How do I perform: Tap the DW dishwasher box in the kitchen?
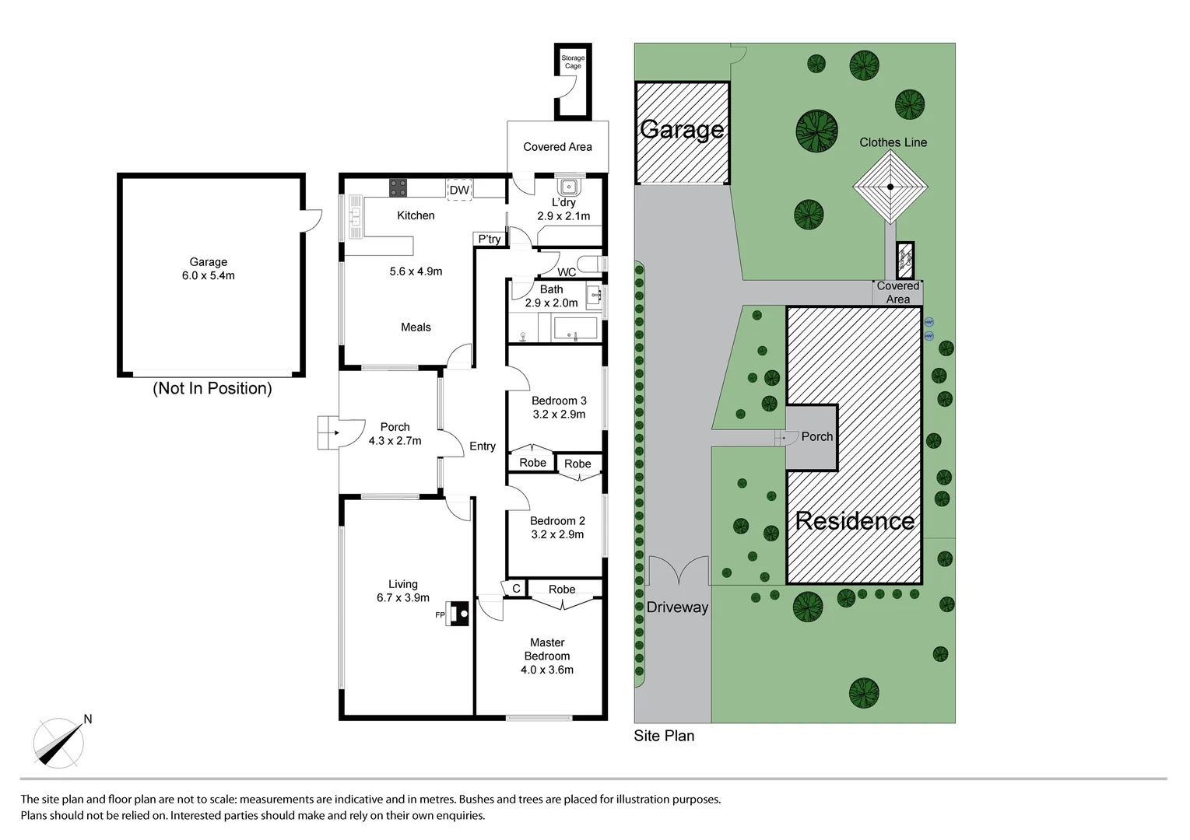[x=459, y=190]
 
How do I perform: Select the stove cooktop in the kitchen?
[x=398, y=187]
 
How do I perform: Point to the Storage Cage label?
[x=573, y=62]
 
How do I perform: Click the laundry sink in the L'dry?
[x=568, y=187]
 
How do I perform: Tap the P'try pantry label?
[x=490, y=239]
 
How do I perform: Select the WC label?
[x=567, y=272]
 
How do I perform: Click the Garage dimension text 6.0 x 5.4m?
[x=208, y=275]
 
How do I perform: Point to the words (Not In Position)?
[x=212, y=388]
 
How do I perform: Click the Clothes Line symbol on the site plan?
[x=890, y=187]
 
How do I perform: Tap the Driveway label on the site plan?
[x=677, y=607]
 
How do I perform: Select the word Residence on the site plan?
[x=855, y=520]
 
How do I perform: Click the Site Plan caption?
[x=663, y=736]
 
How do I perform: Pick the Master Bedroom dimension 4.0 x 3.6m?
[x=546, y=670]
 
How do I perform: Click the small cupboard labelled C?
[x=516, y=589]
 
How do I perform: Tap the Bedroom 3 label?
[x=559, y=401]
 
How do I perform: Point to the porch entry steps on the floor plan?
[x=325, y=433]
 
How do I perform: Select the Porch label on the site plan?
[x=816, y=436]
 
